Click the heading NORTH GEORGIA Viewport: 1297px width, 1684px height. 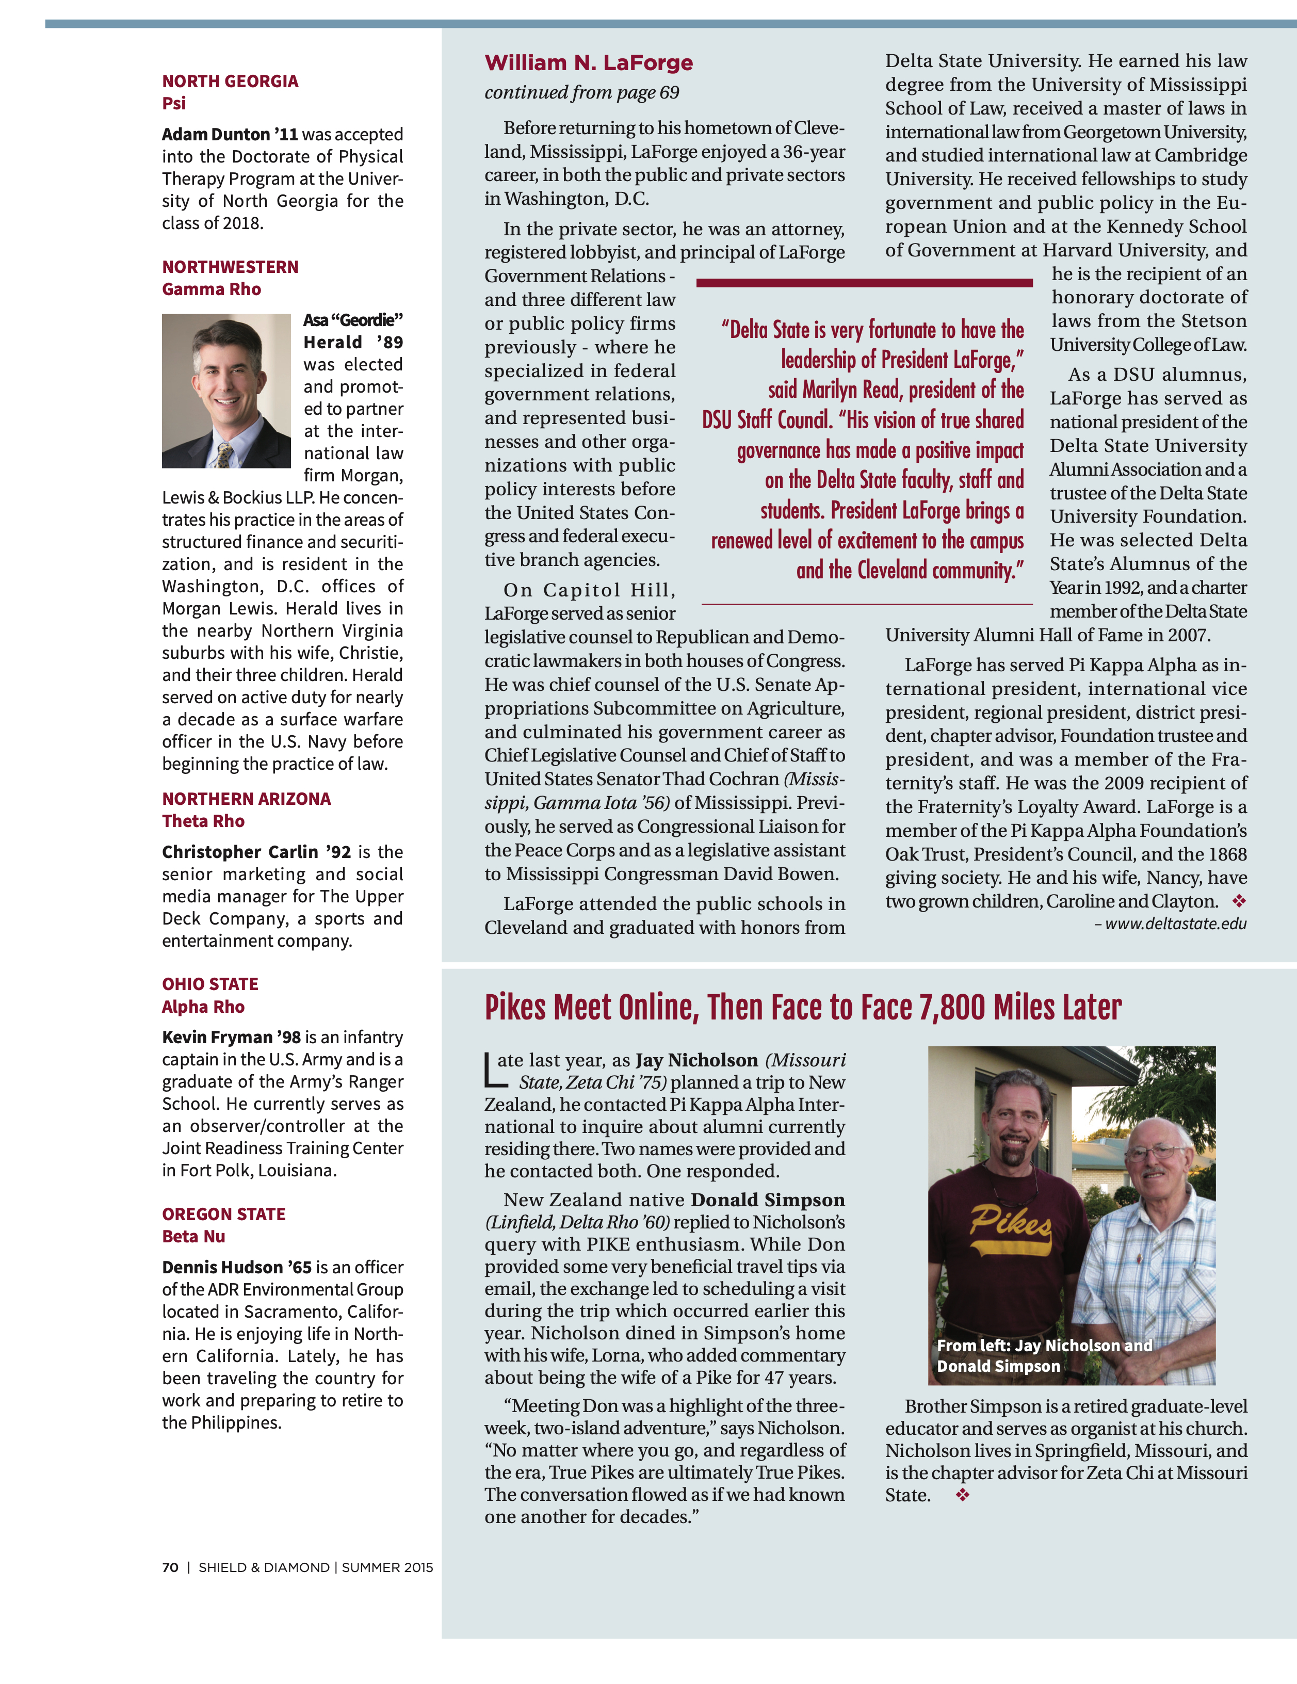pyautogui.click(x=230, y=81)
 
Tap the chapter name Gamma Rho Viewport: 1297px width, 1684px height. pyautogui.click(x=212, y=289)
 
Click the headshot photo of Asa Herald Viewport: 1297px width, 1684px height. pyautogui.click(x=226, y=391)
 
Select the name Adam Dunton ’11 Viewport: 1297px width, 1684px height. pyautogui.click(x=230, y=134)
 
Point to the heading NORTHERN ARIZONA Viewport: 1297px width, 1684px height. pyautogui.click(x=246, y=799)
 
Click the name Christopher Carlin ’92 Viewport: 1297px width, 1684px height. pyautogui.click(x=256, y=852)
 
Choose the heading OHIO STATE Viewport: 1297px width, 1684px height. pyautogui.click(x=210, y=984)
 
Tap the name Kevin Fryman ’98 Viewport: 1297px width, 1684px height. pyautogui.click(x=231, y=1037)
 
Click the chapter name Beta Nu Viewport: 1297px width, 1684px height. pyautogui.click(x=193, y=1236)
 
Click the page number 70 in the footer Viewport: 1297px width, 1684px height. pyautogui.click(x=170, y=1567)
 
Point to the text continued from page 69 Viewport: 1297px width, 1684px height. pyautogui.click(x=581, y=92)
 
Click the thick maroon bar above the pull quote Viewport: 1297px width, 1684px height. pyautogui.click(x=864, y=283)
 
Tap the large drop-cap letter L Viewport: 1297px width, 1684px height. pyautogui.click(x=491, y=1070)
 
